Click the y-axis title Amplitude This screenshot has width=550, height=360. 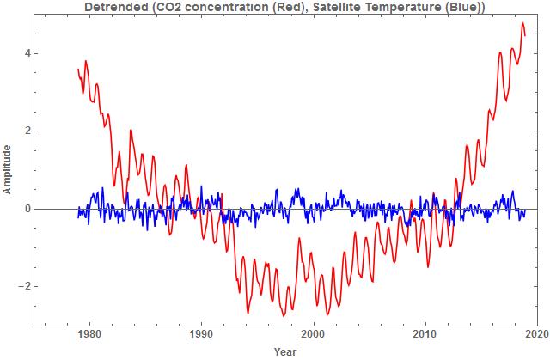click(x=8, y=169)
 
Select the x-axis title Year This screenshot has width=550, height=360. click(x=285, y=352)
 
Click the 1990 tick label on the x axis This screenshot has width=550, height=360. click(x=201, y=336)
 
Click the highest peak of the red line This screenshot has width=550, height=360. click(x=523, y=24)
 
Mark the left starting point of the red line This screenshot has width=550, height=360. click(x=78, y=70)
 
